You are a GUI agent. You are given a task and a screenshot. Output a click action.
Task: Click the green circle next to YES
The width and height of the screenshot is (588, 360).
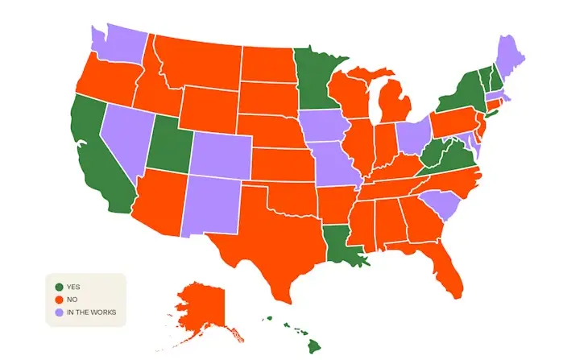click(x=59, y=287)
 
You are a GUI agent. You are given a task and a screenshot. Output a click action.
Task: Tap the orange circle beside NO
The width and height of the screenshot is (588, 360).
click(x=59, y=300)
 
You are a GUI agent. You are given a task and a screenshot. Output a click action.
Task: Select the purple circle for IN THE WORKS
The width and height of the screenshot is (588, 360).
click(x=59, y=312)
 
